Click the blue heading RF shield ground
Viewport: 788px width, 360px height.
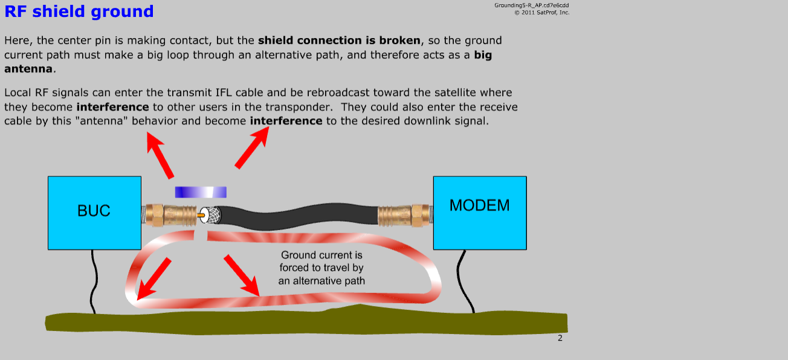click(79, 11)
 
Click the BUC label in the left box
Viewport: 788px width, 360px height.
click(94, 211)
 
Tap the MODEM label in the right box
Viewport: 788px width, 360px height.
click(479, 205)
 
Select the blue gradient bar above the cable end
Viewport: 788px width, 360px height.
click(201, 192)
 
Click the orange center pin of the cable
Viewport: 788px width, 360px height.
click(201, 215)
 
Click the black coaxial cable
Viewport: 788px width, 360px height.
click(299, 215)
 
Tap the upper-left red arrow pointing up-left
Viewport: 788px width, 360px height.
click(160, 155)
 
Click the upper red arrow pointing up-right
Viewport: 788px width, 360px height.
click(252, 147)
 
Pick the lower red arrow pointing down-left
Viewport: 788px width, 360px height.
click(153, 279)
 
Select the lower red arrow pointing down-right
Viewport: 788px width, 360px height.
click(242, 275)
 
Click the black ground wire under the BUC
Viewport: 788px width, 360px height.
click(94, 281)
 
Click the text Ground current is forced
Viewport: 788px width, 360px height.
click(321, 261)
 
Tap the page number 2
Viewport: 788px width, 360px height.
click(560, 338)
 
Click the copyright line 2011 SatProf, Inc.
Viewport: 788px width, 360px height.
click(541, 13)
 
